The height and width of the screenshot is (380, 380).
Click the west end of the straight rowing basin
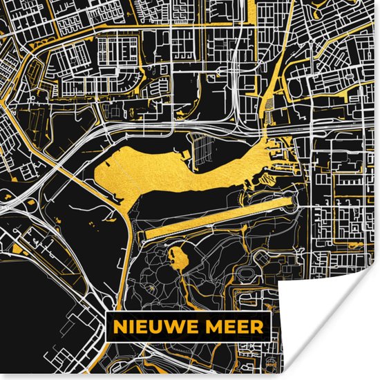[x=146, y=236]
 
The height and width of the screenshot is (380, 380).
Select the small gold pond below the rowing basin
[x=179, y=259]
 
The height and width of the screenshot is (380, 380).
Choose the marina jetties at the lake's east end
[x=287, y=155]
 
